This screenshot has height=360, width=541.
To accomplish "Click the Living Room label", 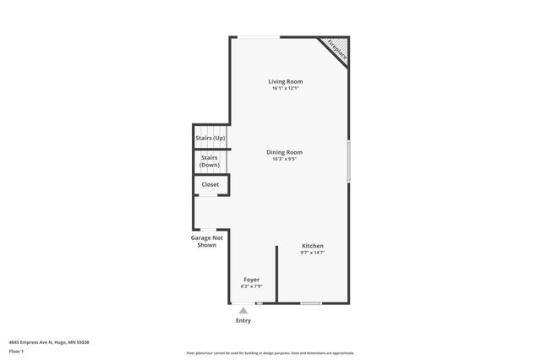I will [x=285, y=81].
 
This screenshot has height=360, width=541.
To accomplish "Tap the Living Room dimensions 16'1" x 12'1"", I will [x=285, y=88].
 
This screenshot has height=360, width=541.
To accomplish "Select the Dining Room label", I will [x=285, y=152].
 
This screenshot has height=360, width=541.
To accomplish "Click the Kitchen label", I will [x=313, y=246].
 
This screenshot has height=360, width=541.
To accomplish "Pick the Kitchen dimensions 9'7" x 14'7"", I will [x=313, y=253].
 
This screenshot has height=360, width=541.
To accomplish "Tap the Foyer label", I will [x=252, y=279].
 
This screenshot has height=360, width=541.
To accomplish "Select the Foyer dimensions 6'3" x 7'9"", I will [x=252, y=286].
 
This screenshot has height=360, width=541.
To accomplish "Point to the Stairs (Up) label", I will [x=210, y=137].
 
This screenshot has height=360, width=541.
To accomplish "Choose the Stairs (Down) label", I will [x=210, y=161].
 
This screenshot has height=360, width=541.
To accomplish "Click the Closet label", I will [x=210, y=184].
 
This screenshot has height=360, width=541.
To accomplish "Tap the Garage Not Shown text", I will [x=207, y=242].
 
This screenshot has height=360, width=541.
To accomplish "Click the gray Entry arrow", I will [x=243, y=311].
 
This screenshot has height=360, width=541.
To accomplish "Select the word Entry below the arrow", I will [x=243, y=321].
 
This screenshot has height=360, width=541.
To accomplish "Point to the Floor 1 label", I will [x=17, y=351].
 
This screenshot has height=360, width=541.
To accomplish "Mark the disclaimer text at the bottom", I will [x=270, y=353].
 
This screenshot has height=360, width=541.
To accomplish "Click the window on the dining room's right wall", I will [x=349, y=161].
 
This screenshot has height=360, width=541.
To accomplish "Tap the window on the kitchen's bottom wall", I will [x=311, y=303].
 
